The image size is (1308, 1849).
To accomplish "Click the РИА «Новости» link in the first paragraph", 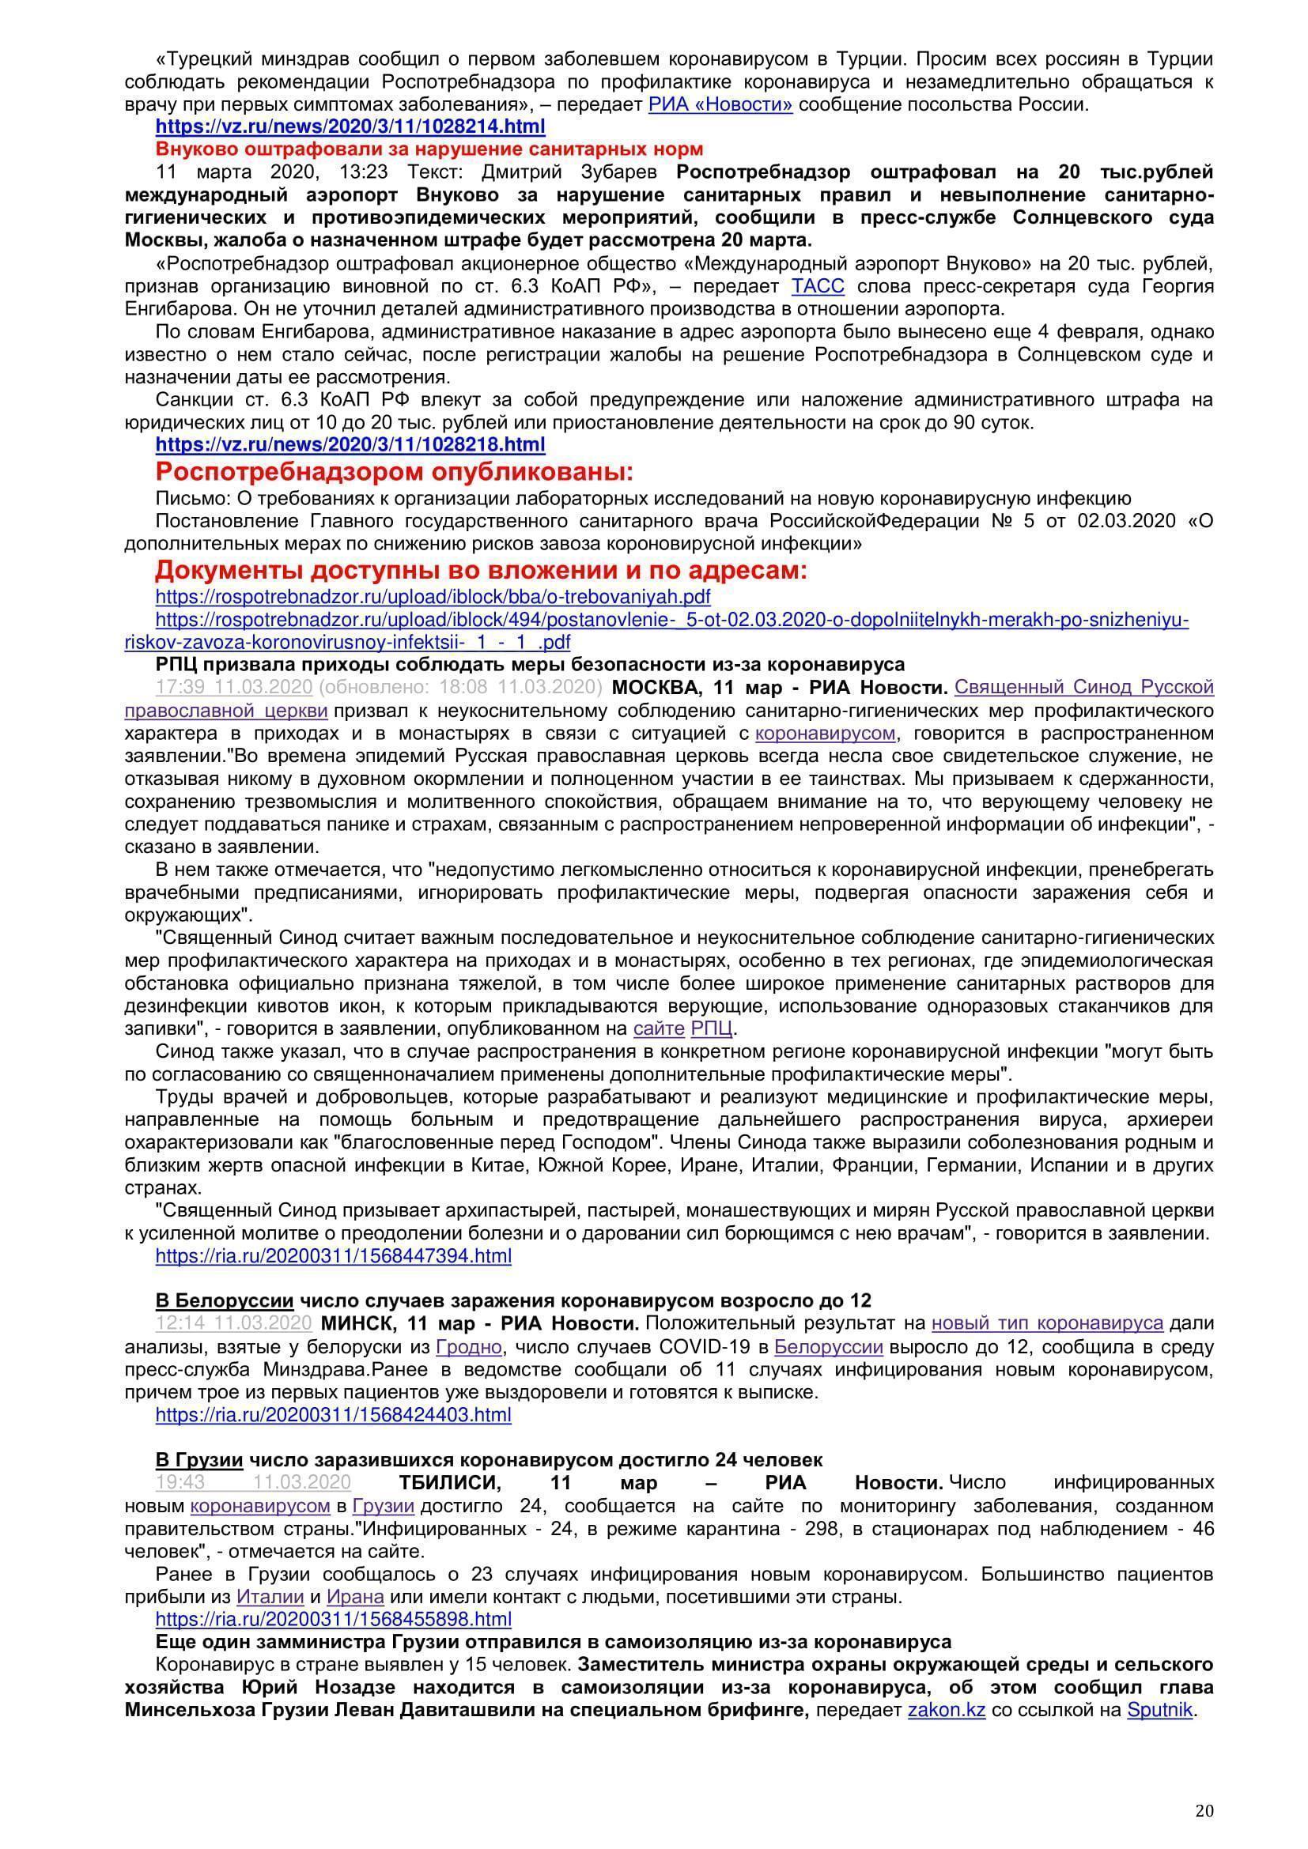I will click(x=720, y=104).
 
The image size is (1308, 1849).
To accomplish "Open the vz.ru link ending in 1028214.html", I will click(x=350, y=126).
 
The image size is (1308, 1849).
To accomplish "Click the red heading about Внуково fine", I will click(x=429, y=149).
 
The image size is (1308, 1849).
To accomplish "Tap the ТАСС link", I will click(x=818, y=287).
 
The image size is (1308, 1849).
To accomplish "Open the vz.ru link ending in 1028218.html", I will click(x=350, y=444).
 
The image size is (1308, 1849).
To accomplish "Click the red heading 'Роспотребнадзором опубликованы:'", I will click(x=394, y=471).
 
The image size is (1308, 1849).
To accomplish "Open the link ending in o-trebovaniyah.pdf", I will click(x=433, y=597).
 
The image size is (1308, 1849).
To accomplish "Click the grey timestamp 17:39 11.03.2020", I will click(x=233, y=687).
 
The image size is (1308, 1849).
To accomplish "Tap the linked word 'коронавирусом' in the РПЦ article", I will click(x=826, y=733).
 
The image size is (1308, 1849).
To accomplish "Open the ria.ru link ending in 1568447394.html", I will click(x=334, y=1255).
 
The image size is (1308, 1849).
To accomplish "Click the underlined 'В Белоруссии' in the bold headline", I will click(x=224, y=1300).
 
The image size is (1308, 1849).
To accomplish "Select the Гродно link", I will click(x=470, y=1346).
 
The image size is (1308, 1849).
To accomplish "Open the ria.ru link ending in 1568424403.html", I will click(x=334, y=1415).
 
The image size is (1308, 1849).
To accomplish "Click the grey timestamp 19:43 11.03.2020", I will click(x=253, y=1482).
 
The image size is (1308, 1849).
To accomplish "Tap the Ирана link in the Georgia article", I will click(x=355, y=1596).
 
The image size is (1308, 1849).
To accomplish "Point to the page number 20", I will click(x=1204, y=1790).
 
